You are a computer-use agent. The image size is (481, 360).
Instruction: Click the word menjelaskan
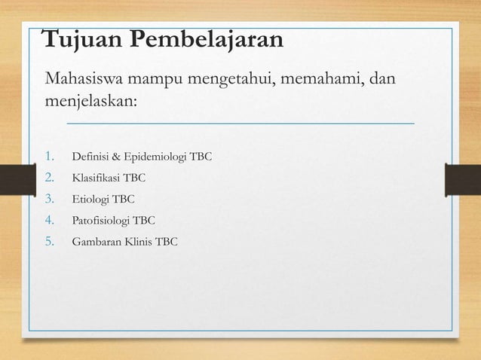pyautogui.click(x=90, y=101)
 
